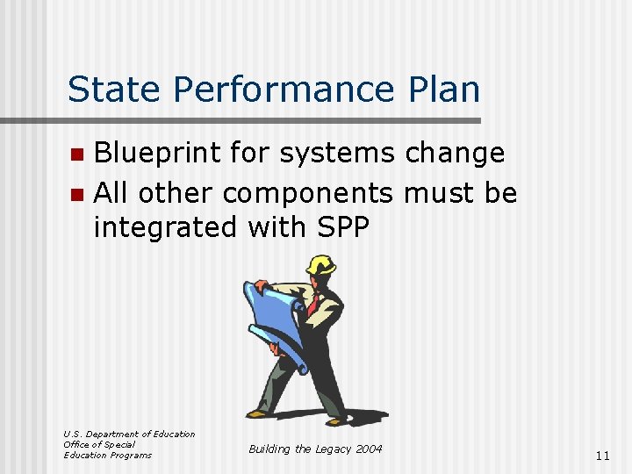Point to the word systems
click(x=338, y=154)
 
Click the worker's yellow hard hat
click(x=322, y=265)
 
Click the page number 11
click(x=601, y=456)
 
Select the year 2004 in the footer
click(x=369, y=449)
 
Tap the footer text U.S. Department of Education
click(x=129, y=434)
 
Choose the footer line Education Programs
click(x=107, y=455)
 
